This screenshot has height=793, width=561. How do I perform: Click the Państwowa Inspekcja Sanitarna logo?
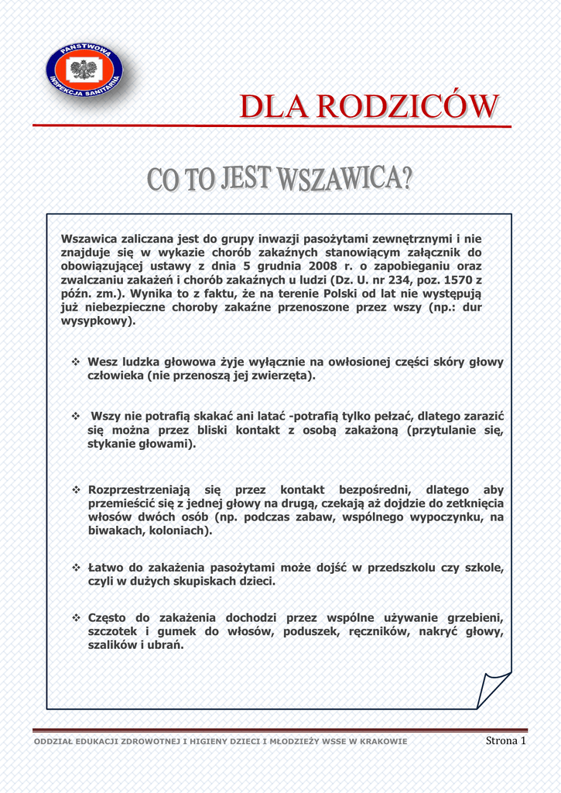[84, 74]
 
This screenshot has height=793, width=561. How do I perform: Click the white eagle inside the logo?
[83, 70]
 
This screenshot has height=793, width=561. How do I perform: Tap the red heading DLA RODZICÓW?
[368, 107]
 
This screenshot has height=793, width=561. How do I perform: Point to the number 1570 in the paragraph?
[454, 280]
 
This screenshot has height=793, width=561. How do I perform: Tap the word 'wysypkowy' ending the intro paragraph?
[96, 321]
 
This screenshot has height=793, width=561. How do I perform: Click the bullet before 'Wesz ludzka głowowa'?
[76, 362]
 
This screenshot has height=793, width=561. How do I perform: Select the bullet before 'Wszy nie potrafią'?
[76, 417]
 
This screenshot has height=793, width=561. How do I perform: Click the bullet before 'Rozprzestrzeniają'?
[76, 490]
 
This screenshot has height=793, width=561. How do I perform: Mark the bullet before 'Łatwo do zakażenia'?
[76, 568]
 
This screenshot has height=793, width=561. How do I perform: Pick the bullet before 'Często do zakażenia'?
[76, 618]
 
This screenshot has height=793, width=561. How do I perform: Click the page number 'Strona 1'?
[505, 741]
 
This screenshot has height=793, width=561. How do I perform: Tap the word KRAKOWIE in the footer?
[379, 742]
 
